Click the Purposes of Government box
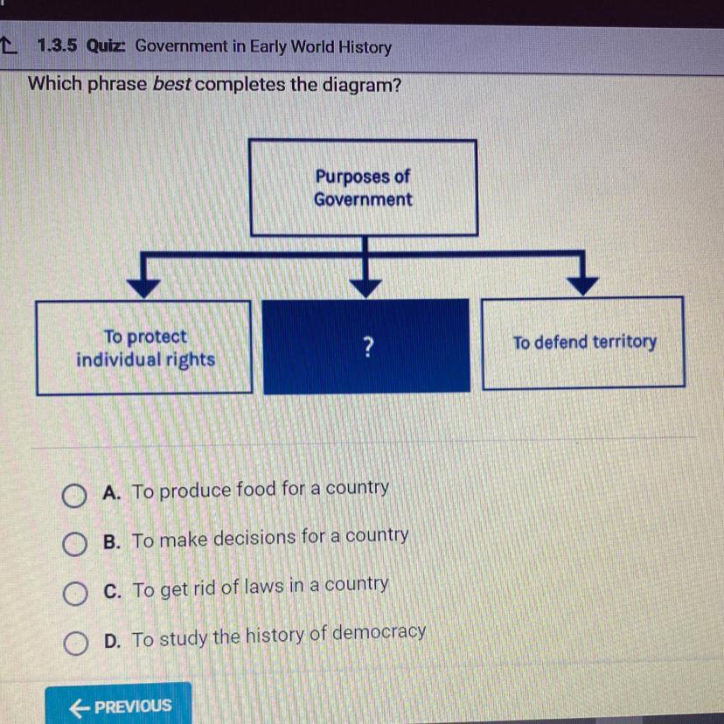tap(363, 187)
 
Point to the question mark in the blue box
tap(367, 348)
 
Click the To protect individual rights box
tap(144, 348)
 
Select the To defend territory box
tap(583, 343)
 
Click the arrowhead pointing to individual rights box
tap(143, 286)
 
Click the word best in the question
tap(172, 86)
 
